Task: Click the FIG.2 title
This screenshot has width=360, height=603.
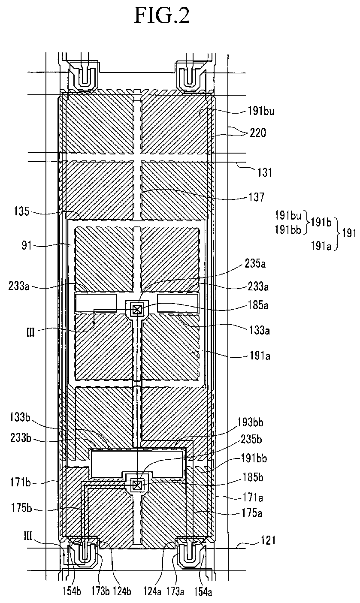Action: (x=162, y=16)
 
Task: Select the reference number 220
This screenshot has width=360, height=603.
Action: (x=257, y=133)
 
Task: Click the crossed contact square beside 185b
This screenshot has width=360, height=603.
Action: (x=137, y=485)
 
